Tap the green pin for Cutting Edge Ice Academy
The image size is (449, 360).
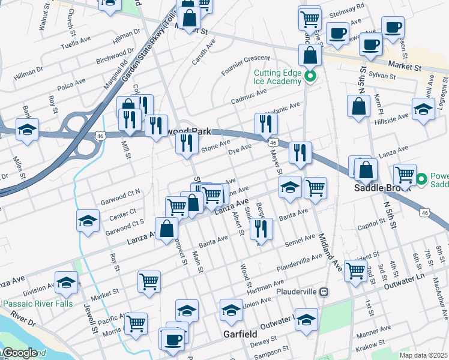pyautogui.click(x=310, y=76)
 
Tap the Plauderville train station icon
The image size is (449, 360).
pyautogui.click(x=324, y=292)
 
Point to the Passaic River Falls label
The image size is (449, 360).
pyautogui.click(x=36, y=304)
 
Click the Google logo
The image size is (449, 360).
pyautogui.click(x=19, y=353)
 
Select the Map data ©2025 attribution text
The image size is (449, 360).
pyautogui.click(x=423, y=355)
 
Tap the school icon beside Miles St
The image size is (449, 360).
pyautogui.click(x=28, y=130)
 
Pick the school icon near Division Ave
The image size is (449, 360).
pyautogui.click(x=66, y=282)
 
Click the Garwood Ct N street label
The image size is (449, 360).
pyautogui.click(x=120, y=194)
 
